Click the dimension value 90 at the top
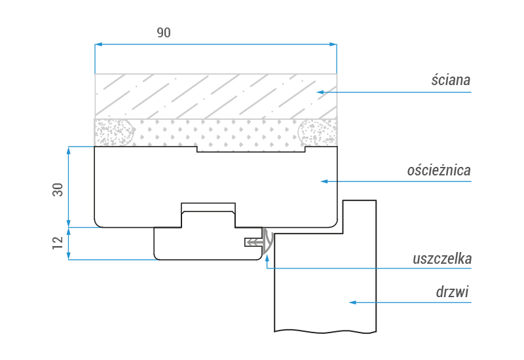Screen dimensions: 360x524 pyautogui.click(x=164, y=33)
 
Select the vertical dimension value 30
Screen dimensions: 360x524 pyautogui.click(x=58, y=190)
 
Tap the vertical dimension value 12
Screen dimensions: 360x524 pyautogui.click(x=58, y=243)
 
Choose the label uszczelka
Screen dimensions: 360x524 pyautogui.click(x=442, y=259)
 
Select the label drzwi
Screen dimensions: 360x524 pyautogui.click(x=453, y=292)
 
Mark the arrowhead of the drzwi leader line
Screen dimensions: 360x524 pyautogui.click(x=352, y=302)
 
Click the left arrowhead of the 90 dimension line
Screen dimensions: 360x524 pyautogui.click(x=98, y=45)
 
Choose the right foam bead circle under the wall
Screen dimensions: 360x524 pyautogui.click(x=318, y=133)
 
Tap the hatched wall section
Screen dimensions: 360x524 pyautogui.click(x=216, y=96)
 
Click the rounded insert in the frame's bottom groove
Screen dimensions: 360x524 pyautogui.click(x=208, y=219)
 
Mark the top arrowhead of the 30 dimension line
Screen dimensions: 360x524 pyautogui.click(x=67, y=150)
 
